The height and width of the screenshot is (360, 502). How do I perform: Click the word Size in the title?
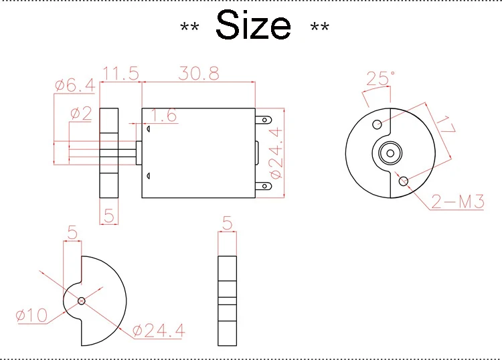253,25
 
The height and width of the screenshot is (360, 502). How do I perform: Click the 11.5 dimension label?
121,74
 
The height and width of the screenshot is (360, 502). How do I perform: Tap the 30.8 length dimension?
199,74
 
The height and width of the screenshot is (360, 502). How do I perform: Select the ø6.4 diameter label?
75,86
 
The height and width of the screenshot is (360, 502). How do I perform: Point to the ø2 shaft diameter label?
81,113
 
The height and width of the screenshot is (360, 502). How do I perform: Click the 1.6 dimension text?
163,115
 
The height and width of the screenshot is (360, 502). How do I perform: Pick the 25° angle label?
381,78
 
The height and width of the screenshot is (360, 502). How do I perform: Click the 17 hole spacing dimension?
446,125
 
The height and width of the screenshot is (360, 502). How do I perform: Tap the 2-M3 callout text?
458,201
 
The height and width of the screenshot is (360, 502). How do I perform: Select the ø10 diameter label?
31,315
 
